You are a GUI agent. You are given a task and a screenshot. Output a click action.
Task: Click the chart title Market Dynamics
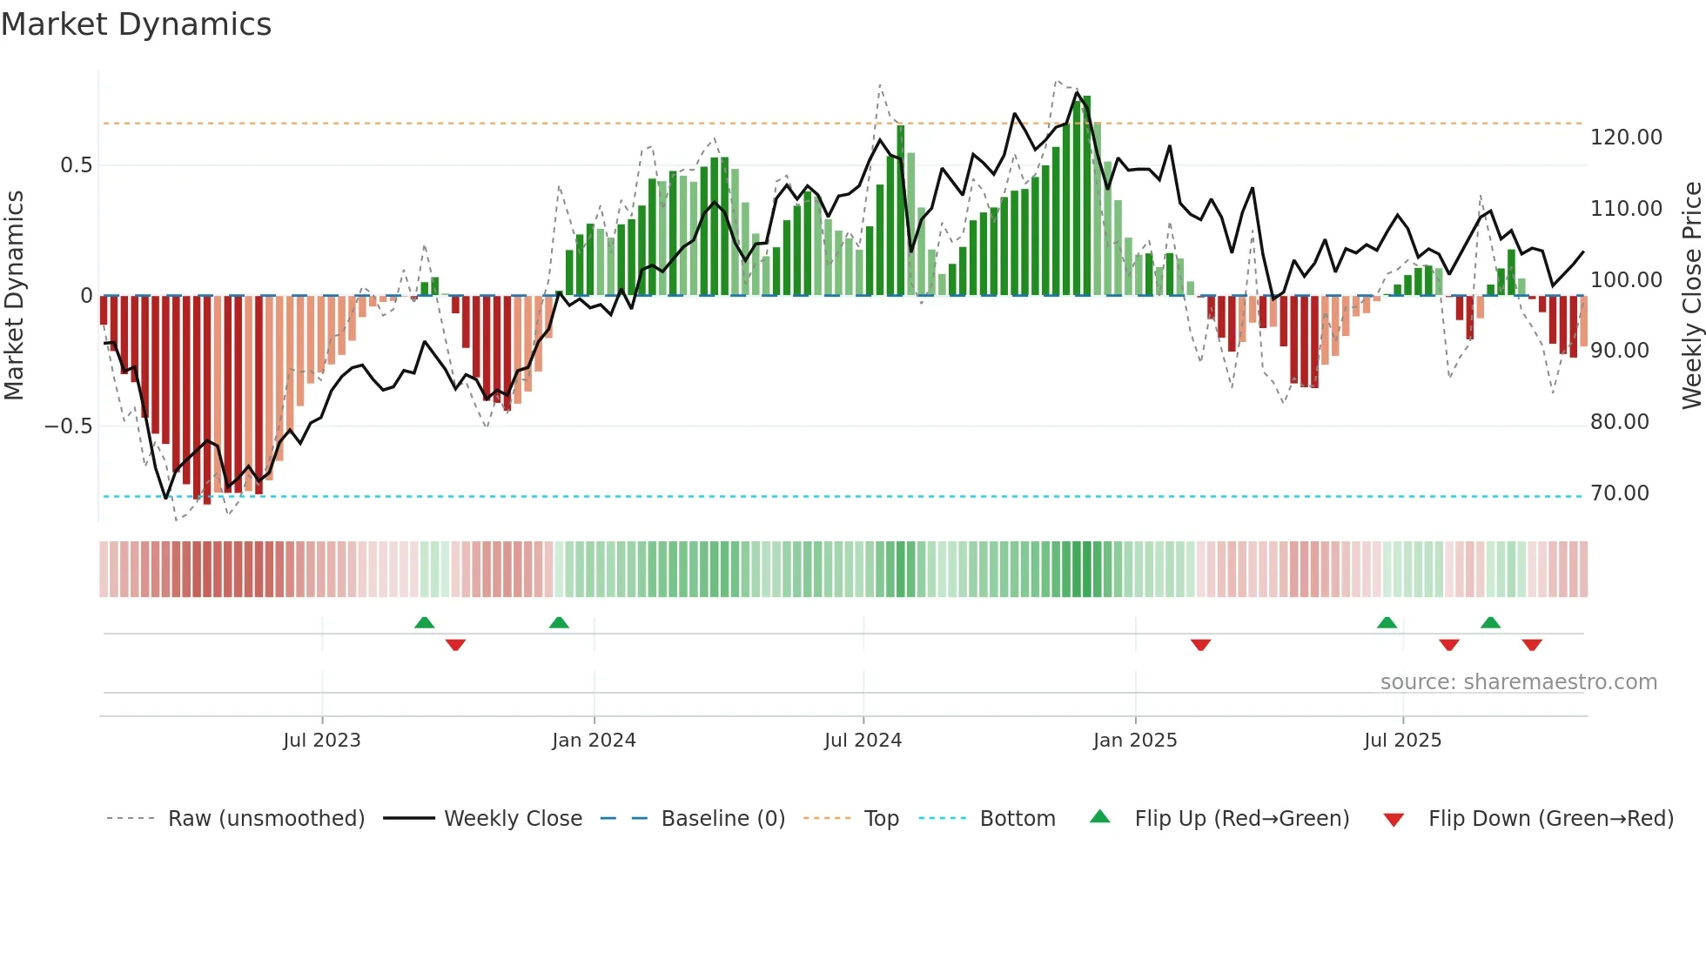point(136,24)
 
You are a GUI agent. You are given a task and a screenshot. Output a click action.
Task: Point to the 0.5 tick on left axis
point(76,165)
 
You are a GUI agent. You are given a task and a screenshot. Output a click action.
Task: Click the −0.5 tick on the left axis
point(68,426)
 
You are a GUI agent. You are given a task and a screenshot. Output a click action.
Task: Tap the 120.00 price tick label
point(1626,137)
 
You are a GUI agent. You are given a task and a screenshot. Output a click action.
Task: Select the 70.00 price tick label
point(1619,493)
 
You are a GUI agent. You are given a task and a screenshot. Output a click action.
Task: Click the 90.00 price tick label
point(1619,351)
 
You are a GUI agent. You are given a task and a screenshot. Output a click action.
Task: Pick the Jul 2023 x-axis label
point(321,741)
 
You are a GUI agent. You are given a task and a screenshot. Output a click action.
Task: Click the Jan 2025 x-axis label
point(1134,741)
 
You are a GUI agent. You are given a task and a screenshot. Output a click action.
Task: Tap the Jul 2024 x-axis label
point(863,741)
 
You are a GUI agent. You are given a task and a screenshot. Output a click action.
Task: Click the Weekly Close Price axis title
point(1691,296)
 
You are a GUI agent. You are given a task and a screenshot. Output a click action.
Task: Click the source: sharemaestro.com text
point(1518,682)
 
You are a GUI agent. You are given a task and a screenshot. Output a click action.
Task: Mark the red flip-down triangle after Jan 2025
point(1200,645)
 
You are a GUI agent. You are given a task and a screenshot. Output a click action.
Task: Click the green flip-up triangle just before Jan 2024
point(559,622)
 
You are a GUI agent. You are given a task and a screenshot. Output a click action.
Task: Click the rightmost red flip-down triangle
point(1532,645)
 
